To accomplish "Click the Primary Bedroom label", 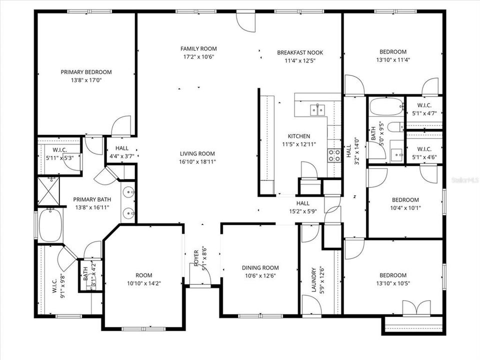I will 86,72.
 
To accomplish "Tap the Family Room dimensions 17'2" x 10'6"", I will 198,57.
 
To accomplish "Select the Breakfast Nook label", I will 300,52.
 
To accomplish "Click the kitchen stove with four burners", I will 333,154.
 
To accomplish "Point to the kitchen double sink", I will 317,109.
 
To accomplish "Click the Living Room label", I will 197,153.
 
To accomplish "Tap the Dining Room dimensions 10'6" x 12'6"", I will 260,275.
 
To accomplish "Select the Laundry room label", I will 313,280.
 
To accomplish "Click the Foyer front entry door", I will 205,274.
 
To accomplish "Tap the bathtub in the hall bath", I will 385,106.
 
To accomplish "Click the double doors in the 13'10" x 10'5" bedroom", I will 416,307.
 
